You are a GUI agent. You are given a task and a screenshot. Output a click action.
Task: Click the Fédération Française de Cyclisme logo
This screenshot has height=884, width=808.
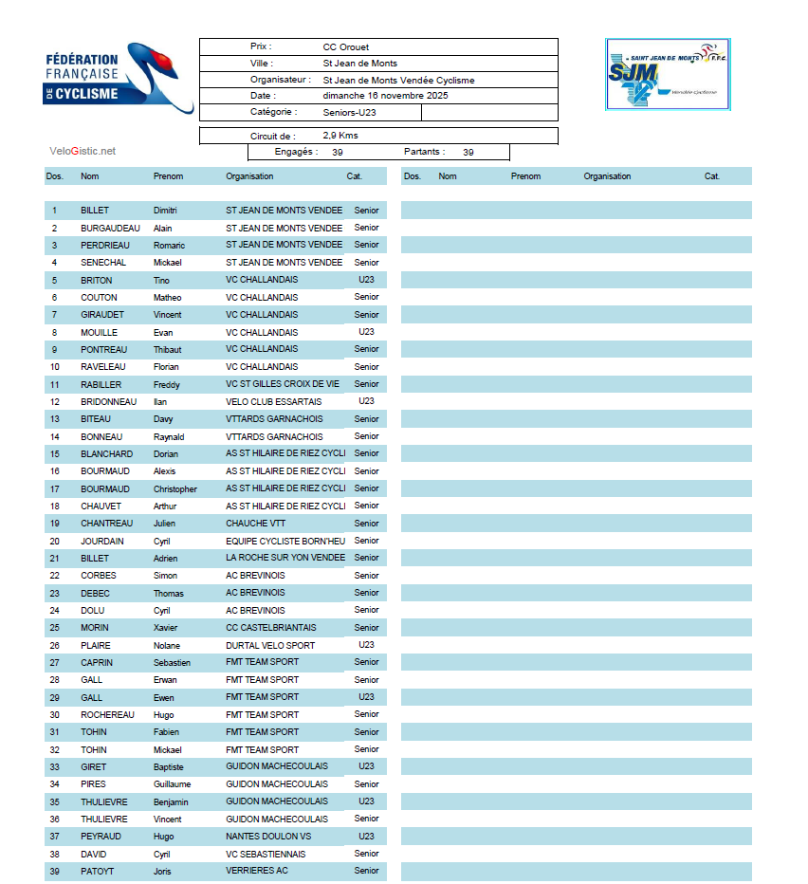point(119,78)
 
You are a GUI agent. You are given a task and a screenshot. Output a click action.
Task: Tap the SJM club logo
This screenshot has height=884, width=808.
point(668,74)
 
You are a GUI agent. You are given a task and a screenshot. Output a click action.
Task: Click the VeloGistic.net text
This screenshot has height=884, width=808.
point(83,151)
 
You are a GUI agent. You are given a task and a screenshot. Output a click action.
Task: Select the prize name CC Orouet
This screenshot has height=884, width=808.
point(345,46)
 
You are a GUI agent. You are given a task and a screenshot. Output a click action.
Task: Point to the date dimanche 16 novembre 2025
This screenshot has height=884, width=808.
point(385,96)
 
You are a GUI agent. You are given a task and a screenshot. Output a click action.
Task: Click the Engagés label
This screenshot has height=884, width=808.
point(296,152)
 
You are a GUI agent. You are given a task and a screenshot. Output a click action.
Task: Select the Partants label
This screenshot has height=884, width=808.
point(424,152)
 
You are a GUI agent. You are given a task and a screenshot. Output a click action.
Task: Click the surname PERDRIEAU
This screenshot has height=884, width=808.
point(104,246)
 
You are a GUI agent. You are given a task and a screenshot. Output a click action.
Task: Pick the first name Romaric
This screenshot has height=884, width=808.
point(169,246)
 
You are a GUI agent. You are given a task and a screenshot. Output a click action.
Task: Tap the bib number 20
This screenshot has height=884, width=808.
point(55,542)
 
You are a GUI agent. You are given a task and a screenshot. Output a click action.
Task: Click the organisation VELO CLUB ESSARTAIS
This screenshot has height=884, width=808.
point(274,401)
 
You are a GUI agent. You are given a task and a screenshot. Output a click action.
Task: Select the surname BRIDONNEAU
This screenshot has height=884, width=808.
point(108,401)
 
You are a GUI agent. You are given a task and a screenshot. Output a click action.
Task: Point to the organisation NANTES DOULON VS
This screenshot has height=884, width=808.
point(268,837)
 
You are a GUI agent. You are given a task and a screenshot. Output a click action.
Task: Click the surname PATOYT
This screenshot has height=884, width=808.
point(98,871)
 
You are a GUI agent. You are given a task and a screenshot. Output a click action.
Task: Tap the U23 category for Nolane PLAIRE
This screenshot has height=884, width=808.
point(366,645)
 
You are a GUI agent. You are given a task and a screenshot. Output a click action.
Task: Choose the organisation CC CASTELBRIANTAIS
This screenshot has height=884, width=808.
point(271,628)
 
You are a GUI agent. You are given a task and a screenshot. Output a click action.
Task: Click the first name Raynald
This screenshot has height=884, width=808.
point(169,437)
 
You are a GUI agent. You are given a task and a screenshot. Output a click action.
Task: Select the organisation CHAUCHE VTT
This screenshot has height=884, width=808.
point(254,524)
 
